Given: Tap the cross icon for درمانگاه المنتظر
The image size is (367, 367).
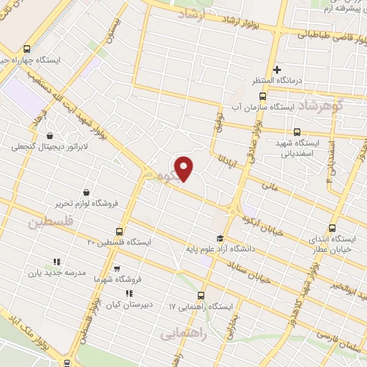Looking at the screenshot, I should pos(277,69).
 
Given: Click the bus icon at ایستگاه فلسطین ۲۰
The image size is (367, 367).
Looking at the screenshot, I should pos(119,232).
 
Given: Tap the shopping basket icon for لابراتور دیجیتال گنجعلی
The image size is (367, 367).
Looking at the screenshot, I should pos(49,135).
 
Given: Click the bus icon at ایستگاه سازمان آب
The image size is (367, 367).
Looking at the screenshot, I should pos(262,95).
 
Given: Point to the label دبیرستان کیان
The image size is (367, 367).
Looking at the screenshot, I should pos(128,304).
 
